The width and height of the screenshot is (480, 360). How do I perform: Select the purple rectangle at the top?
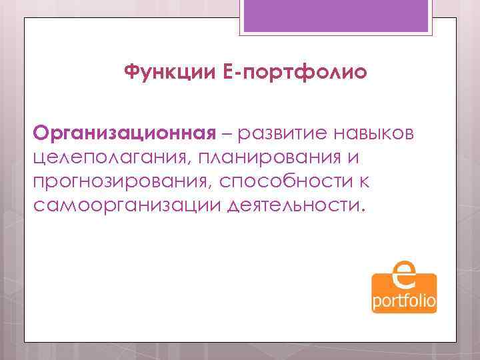339,16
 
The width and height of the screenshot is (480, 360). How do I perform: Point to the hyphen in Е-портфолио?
232,72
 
